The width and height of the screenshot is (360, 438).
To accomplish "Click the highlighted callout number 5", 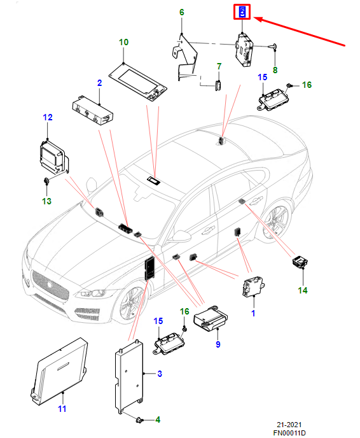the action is tap(242, 11).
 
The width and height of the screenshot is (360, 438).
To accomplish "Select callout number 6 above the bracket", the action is tap(182, 12).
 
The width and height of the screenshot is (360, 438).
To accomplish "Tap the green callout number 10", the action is tap(123, 42).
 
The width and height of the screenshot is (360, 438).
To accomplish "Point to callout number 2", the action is tap(100, 83).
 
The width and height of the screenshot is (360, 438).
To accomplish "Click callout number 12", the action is tap(48, 117).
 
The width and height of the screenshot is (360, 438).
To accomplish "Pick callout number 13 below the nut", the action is tap(46, 201).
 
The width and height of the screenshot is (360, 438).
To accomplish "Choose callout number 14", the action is tap(303, 290).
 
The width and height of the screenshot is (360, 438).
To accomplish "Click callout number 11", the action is tap(62, 409).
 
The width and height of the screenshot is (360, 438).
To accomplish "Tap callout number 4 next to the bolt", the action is tap(158, 420).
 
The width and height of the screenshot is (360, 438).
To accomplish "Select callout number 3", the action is tap(160, 374).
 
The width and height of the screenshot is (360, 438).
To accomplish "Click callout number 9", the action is tap(218, 344).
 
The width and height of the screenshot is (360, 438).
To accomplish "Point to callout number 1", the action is tap(253, 313).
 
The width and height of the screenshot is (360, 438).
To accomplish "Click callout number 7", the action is tap(219, 66).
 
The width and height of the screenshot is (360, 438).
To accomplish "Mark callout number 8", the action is tap(275, 70).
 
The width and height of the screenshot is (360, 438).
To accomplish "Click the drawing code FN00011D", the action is tap(289, 433).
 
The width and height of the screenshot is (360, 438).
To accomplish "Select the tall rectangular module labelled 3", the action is tap(129, 377).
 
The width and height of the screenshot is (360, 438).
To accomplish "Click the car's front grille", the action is tap(50, 285).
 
